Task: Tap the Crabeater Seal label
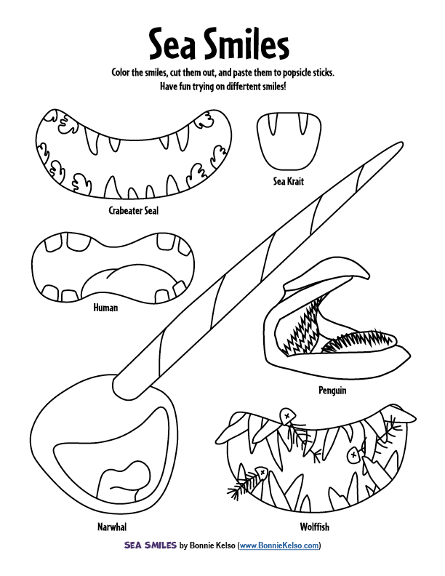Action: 134,210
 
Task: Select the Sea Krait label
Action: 289,181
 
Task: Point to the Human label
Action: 105,308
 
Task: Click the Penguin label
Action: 332,391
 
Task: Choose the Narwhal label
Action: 112,527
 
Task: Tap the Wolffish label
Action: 315,527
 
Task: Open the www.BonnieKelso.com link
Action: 279,545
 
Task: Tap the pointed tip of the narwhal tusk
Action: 401,143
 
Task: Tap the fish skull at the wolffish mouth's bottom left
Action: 261,472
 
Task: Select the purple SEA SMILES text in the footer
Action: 151,545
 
